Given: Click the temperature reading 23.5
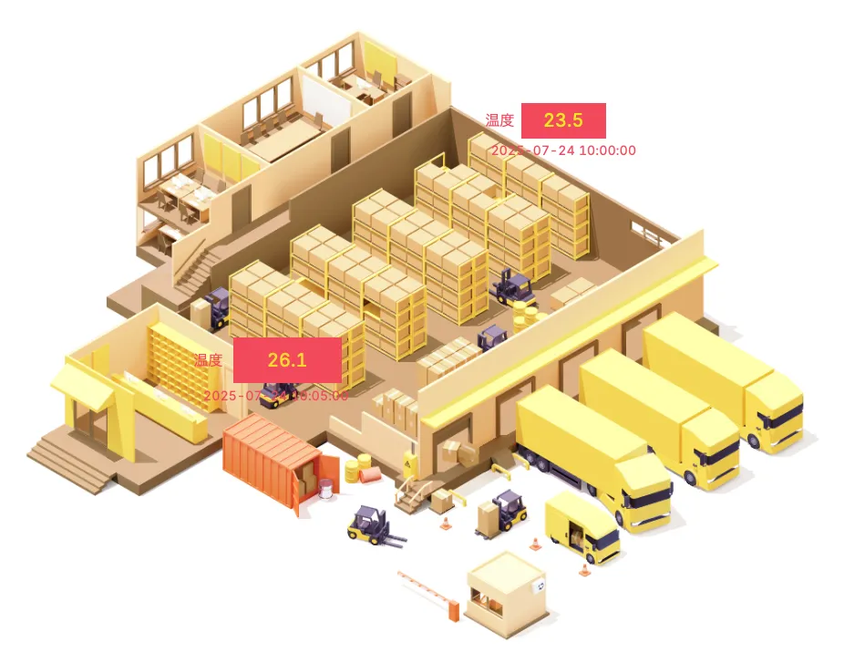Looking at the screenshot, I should coord(563,120).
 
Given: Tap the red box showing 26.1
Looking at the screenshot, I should coord(287,360).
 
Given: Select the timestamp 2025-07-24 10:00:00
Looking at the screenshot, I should coord(563,150).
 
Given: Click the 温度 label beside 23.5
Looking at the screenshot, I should coord(499,120).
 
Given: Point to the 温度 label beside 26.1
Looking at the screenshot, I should coord(208,360).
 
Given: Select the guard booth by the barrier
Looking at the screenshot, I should coord(506,588).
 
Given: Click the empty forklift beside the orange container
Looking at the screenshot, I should coord(372,526).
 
